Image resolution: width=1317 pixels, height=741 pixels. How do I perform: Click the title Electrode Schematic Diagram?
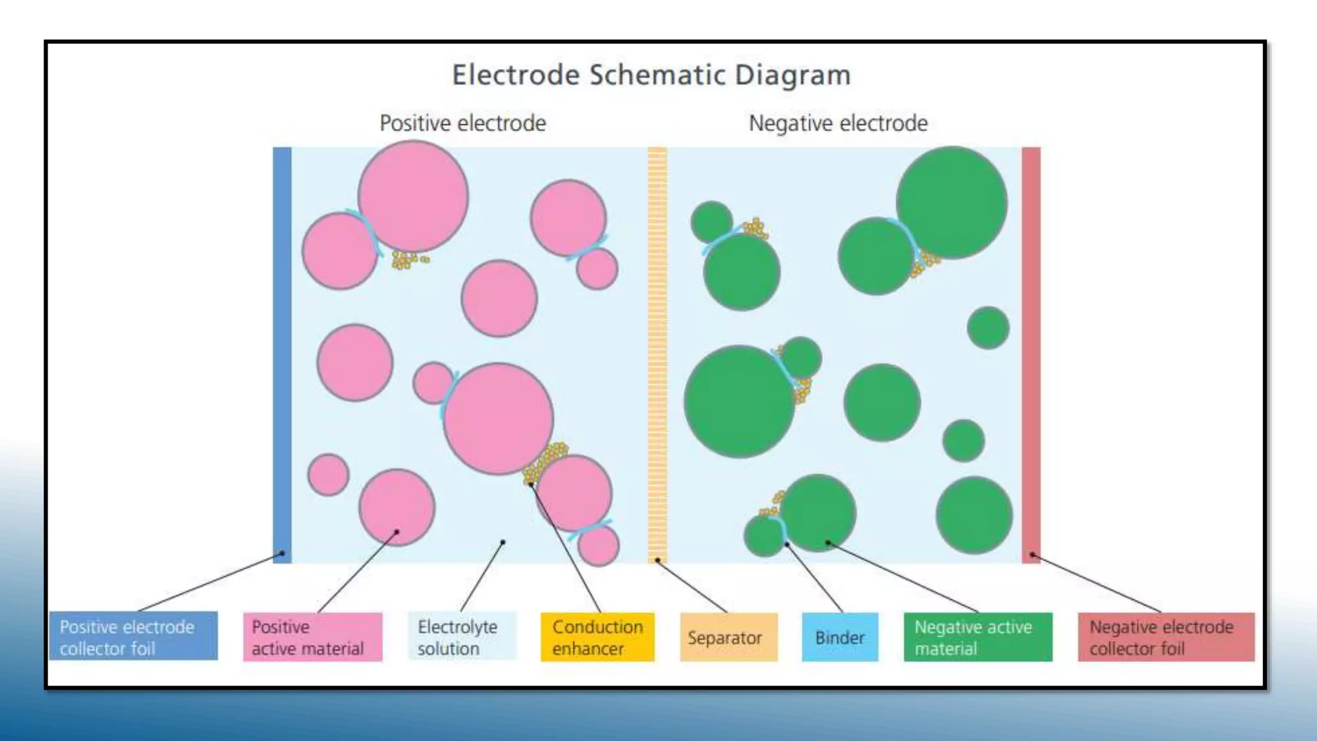point(651,75)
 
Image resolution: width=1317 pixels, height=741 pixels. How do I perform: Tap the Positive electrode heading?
point(462,123)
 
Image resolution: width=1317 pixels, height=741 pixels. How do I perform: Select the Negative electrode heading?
point(838,123)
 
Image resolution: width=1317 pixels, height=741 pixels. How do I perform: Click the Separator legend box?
point(728,637)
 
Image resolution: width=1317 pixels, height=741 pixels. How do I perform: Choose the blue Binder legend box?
point(839,637)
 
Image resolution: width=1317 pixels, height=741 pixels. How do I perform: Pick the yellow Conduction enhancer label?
point(597,637)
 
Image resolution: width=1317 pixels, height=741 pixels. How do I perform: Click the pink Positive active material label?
point(313,637)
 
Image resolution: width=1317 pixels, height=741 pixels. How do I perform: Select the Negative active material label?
point(977,637)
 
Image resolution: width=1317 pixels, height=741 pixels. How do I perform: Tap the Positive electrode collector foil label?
point(133,637)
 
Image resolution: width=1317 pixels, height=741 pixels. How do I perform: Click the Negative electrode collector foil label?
point(1165,637)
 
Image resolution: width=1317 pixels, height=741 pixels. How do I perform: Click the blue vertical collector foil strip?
point(282,354)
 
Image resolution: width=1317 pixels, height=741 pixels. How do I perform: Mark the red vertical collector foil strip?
point(1031,354)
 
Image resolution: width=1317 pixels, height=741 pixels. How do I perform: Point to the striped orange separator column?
point(657,354)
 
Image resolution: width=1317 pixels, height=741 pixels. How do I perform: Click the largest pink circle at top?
point(413,196)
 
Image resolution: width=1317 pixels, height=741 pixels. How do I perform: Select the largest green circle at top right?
point(952,203)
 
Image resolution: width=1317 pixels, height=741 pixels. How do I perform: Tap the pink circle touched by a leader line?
point(397,508)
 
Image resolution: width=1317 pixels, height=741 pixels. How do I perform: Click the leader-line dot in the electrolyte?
point(503,542)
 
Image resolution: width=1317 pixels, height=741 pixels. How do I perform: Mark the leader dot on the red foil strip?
point(1032,554)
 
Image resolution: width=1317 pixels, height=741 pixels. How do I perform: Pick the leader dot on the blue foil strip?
point(282,553)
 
